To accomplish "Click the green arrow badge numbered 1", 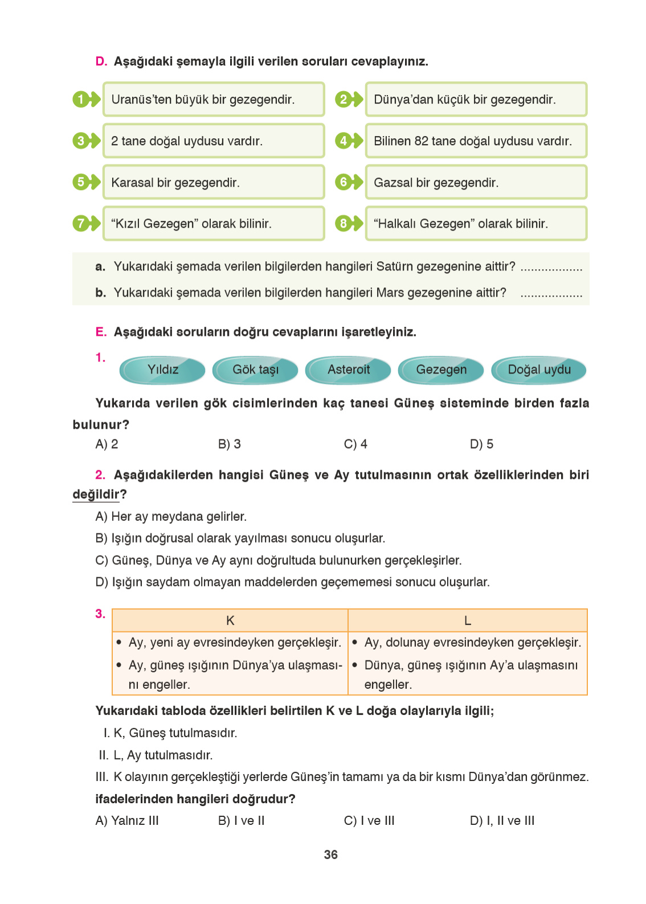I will point(85,100).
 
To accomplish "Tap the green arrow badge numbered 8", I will point(348,224).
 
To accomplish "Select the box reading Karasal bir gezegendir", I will point(213,183).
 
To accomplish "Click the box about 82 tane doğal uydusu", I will point(476,141).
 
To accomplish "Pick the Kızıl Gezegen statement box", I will point(213,224).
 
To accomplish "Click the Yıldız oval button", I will point(162,370).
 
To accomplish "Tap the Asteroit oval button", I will point(348,370).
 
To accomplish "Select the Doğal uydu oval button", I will point(538,370).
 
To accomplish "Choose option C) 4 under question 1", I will point(355,444).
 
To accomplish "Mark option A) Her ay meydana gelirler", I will point(171,516).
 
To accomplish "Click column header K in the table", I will point(230,621).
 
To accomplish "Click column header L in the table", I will point(467,621).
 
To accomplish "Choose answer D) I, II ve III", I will point(502,821).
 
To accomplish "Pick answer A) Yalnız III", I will point(127,821).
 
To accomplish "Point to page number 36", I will point(330,854).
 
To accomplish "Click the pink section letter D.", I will point(101,61).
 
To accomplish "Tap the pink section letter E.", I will point(101,332).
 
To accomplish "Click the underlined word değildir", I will point(96,494).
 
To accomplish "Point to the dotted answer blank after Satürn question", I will point(551,268).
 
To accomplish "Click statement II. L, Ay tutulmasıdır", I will point(156,755).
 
